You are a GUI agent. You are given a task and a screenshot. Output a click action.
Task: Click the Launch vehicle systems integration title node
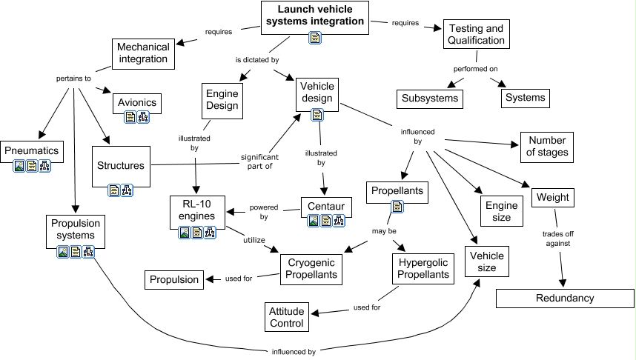click(315, 16)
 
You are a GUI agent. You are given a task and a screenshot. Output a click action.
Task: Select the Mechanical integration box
click(143, 53)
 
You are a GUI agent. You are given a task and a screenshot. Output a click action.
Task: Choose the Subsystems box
click(430, 98)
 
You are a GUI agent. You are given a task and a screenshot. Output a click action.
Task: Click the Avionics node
click(136, 101)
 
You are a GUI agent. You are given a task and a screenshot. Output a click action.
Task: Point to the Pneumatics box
click(30, 150)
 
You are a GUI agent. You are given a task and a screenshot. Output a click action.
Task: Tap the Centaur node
click(325, 203)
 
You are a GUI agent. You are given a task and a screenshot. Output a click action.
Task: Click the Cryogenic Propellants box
click(311, 268)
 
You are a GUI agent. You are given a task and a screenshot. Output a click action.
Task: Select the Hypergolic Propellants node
click(423, 268)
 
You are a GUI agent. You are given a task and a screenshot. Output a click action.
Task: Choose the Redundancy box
click(564, 298)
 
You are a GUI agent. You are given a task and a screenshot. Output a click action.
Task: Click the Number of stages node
click(549, 146)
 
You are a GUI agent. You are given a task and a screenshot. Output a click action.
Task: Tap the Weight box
click(552, 198)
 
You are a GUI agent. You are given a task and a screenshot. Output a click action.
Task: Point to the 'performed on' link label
click(475, 69)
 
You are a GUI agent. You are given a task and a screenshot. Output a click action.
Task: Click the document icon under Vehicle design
click(317, 115)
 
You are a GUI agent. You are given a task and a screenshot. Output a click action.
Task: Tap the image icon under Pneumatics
click(19, 167)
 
